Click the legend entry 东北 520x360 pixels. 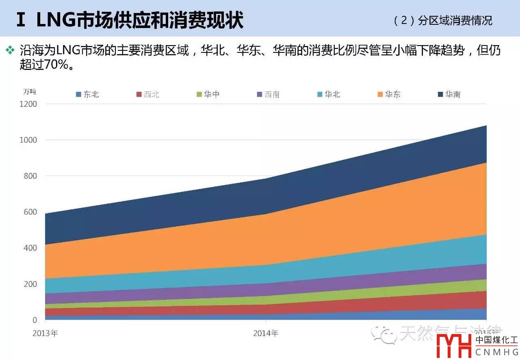point(87,95)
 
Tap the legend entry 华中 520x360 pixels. point(208,95)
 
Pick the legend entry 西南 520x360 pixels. point(268,95)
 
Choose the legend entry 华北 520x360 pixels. point(329,95)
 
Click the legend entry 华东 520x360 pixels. point(389,95)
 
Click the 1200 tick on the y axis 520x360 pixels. point(28,104)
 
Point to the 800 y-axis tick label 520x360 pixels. point(30,176)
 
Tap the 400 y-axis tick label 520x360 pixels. point(30,248)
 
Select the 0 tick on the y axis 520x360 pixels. point(35,320)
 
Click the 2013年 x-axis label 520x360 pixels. point(45,333)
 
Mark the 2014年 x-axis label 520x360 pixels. point(266,333)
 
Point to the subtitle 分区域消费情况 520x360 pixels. point(455,21)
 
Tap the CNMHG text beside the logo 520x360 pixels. point(496,351)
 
